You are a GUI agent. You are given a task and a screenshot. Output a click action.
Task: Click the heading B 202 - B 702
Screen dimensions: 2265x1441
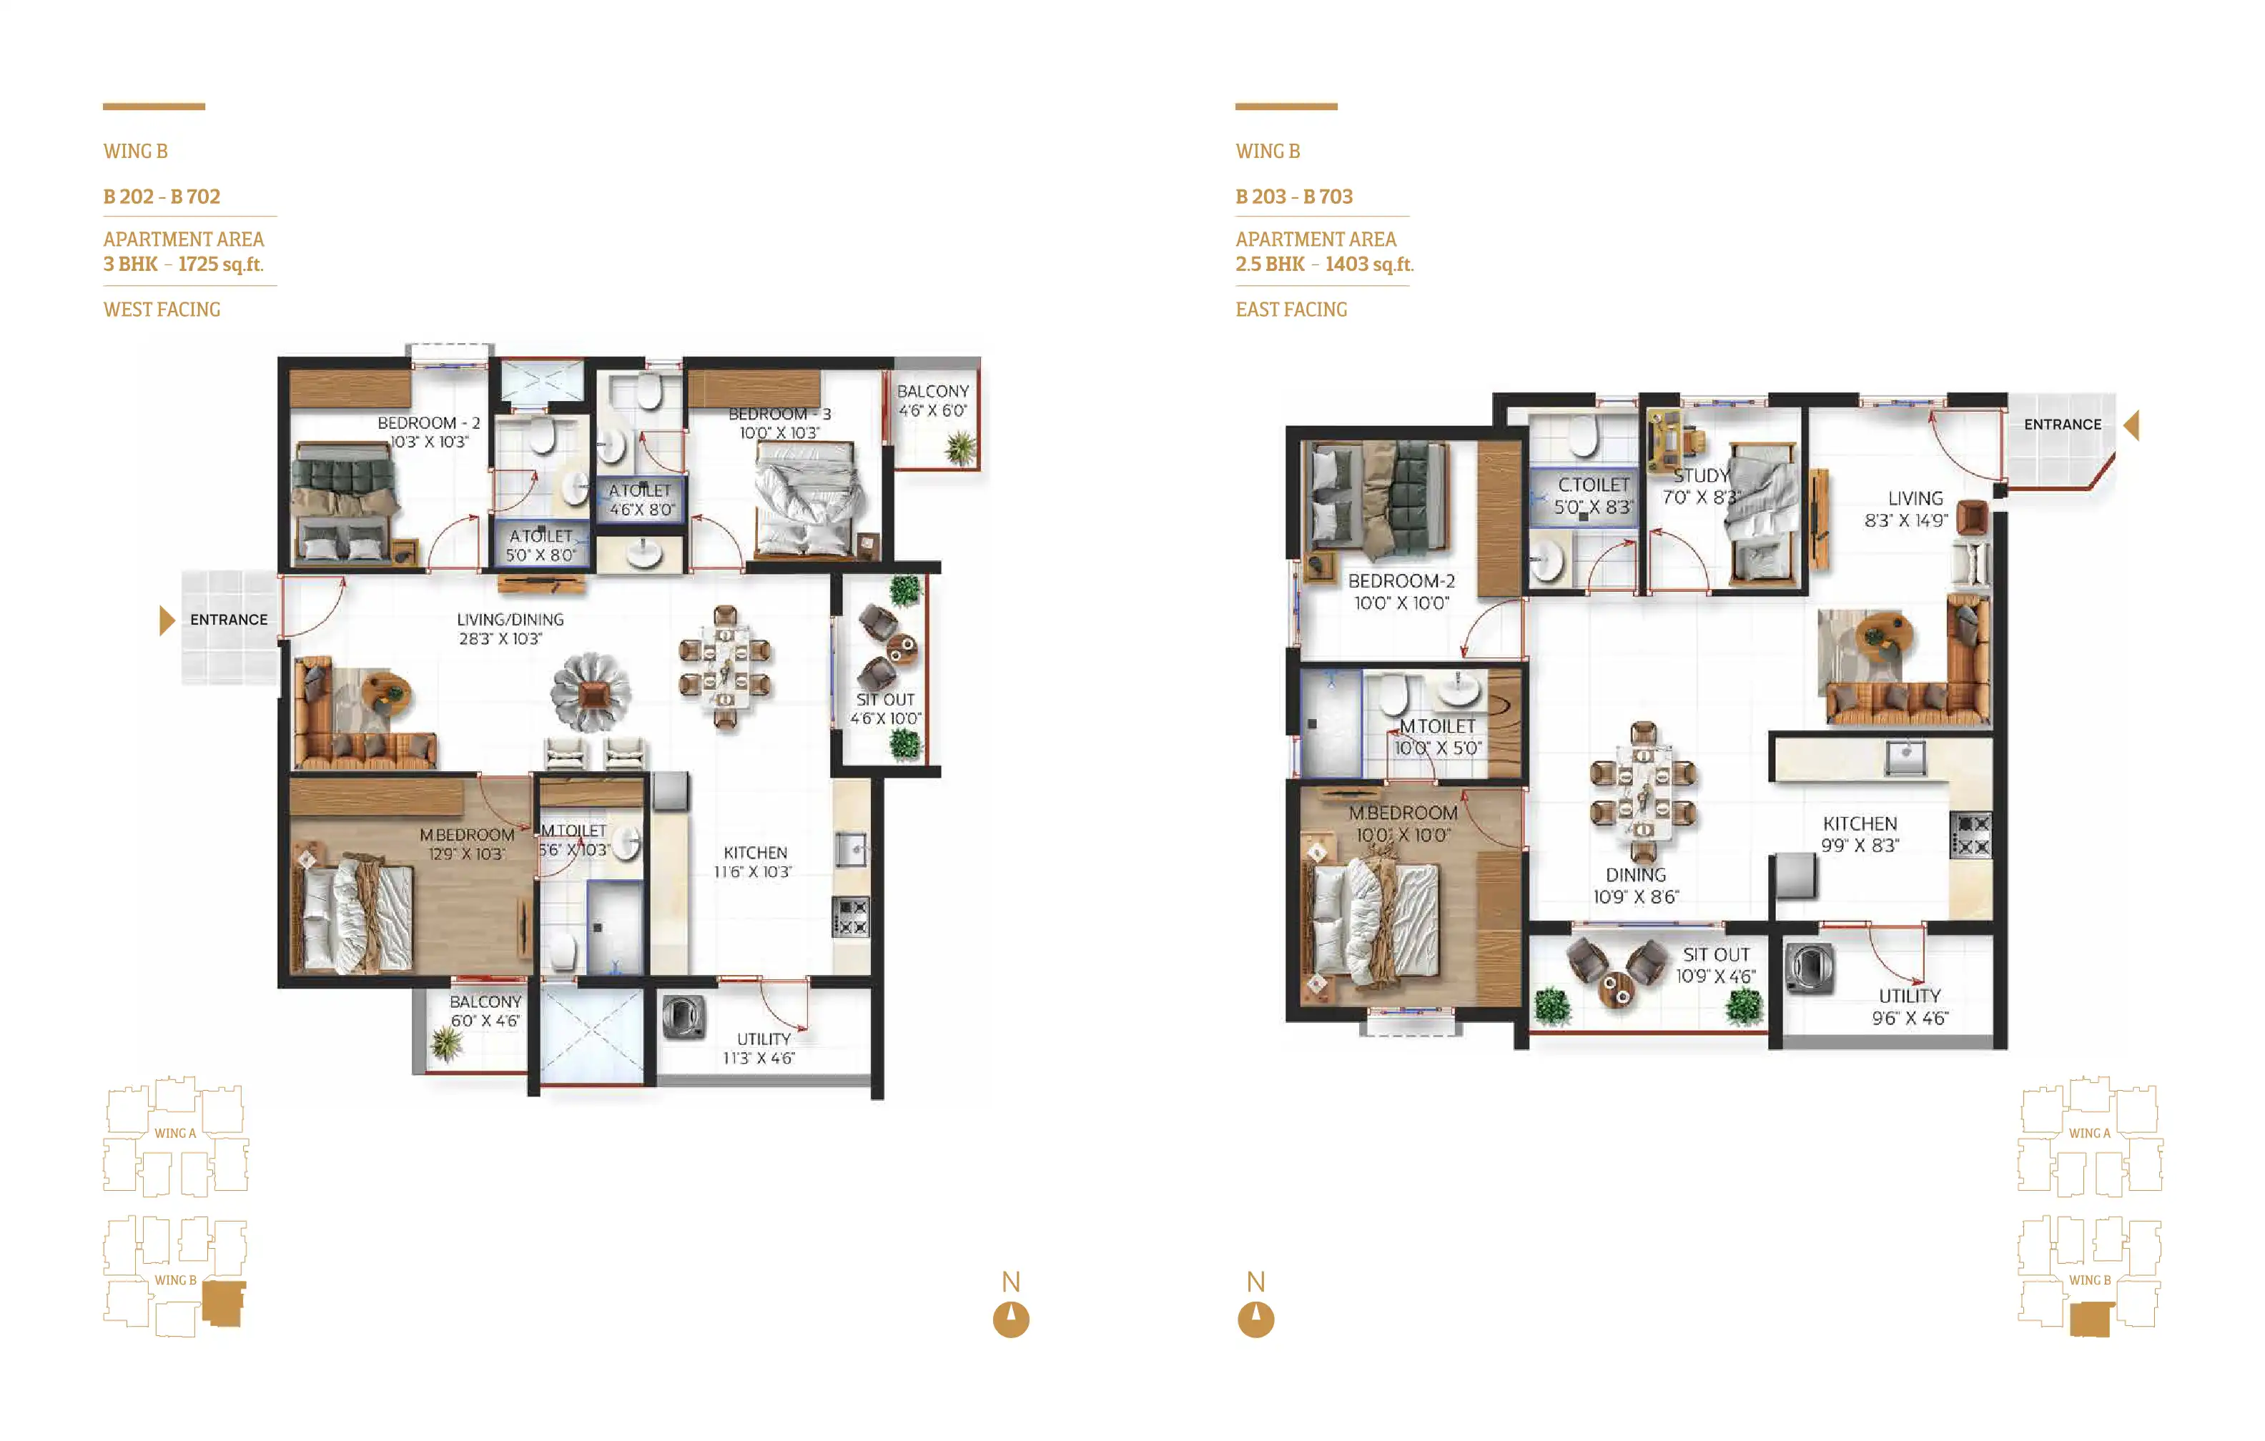tap(162, 197)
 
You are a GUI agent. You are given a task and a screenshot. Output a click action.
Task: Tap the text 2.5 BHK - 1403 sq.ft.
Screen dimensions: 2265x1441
tap(1324, 264)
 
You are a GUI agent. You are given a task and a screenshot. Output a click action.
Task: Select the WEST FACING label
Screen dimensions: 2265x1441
tap(162, 310)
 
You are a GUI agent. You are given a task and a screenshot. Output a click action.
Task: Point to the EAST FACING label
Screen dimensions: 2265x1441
tap(1291, 310)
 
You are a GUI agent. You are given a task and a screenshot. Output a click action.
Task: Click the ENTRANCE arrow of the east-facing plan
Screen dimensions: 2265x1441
tap(2131, 425)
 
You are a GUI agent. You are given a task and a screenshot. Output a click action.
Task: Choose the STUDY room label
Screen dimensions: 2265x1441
tap(1701, 476)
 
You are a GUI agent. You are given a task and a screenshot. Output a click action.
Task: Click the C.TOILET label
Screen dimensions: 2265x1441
tap(1594, 485)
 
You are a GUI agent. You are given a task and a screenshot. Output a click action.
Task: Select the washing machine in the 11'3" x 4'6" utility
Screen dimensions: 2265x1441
tap(684, 1017)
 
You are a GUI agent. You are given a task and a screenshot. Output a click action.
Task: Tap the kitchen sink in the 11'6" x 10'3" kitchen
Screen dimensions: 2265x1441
tap(852, 851)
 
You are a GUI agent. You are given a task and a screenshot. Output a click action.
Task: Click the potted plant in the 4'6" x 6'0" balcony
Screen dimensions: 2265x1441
tap(960, 447)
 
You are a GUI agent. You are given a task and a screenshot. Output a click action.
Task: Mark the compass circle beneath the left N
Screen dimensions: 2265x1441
tap(1011, 1319)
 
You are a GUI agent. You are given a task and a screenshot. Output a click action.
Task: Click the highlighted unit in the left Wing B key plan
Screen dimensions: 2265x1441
tap(224, 1304)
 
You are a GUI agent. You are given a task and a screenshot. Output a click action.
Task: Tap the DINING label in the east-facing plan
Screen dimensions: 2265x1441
tap(1636, 875)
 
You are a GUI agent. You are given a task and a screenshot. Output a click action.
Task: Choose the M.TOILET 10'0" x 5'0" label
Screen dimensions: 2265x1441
tap(1437, 736)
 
